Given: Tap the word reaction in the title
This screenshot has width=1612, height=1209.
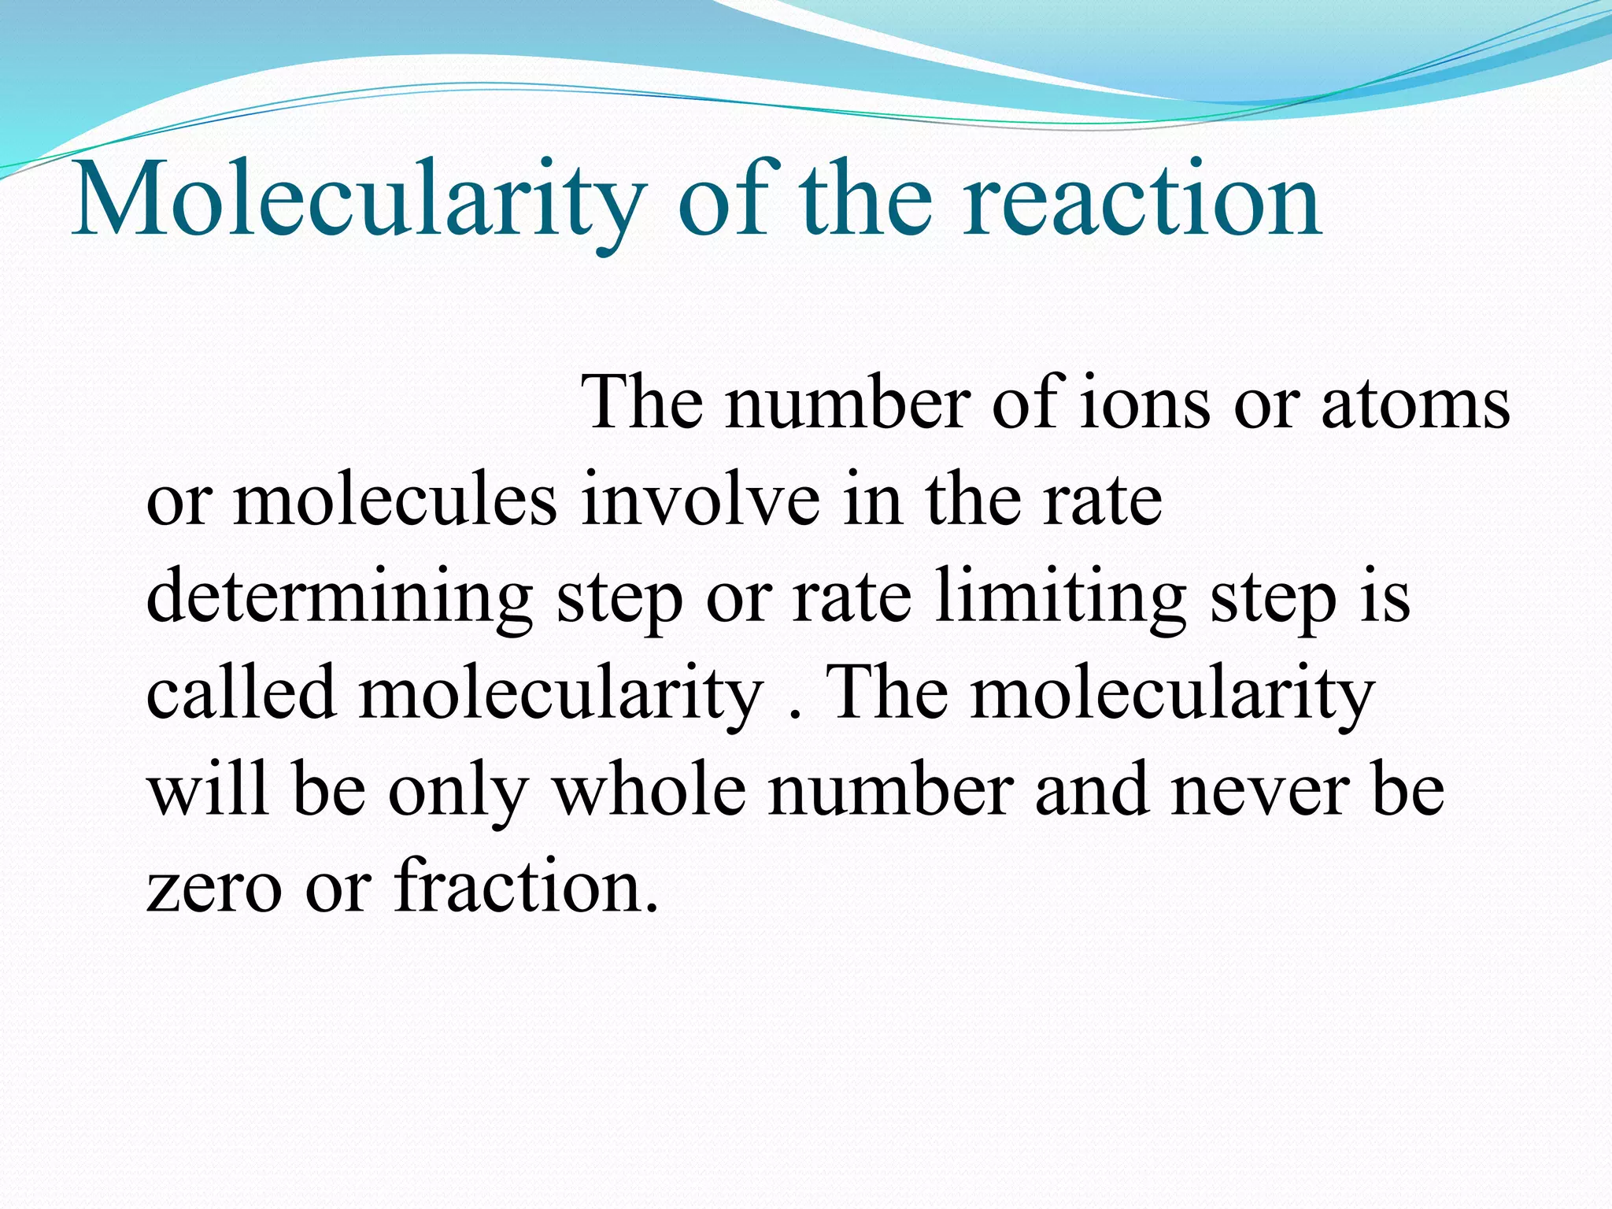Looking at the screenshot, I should click(x=1142, y=201).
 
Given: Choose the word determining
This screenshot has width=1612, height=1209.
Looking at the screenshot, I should click(x=339, y=598).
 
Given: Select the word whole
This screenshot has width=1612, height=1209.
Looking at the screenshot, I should click(x=649, y=791).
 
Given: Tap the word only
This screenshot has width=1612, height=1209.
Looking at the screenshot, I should click(x=457, y=791).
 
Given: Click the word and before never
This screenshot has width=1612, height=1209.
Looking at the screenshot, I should click(x=1091, y=791).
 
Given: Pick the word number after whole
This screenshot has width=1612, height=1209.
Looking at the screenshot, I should click(x=890, y=791).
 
